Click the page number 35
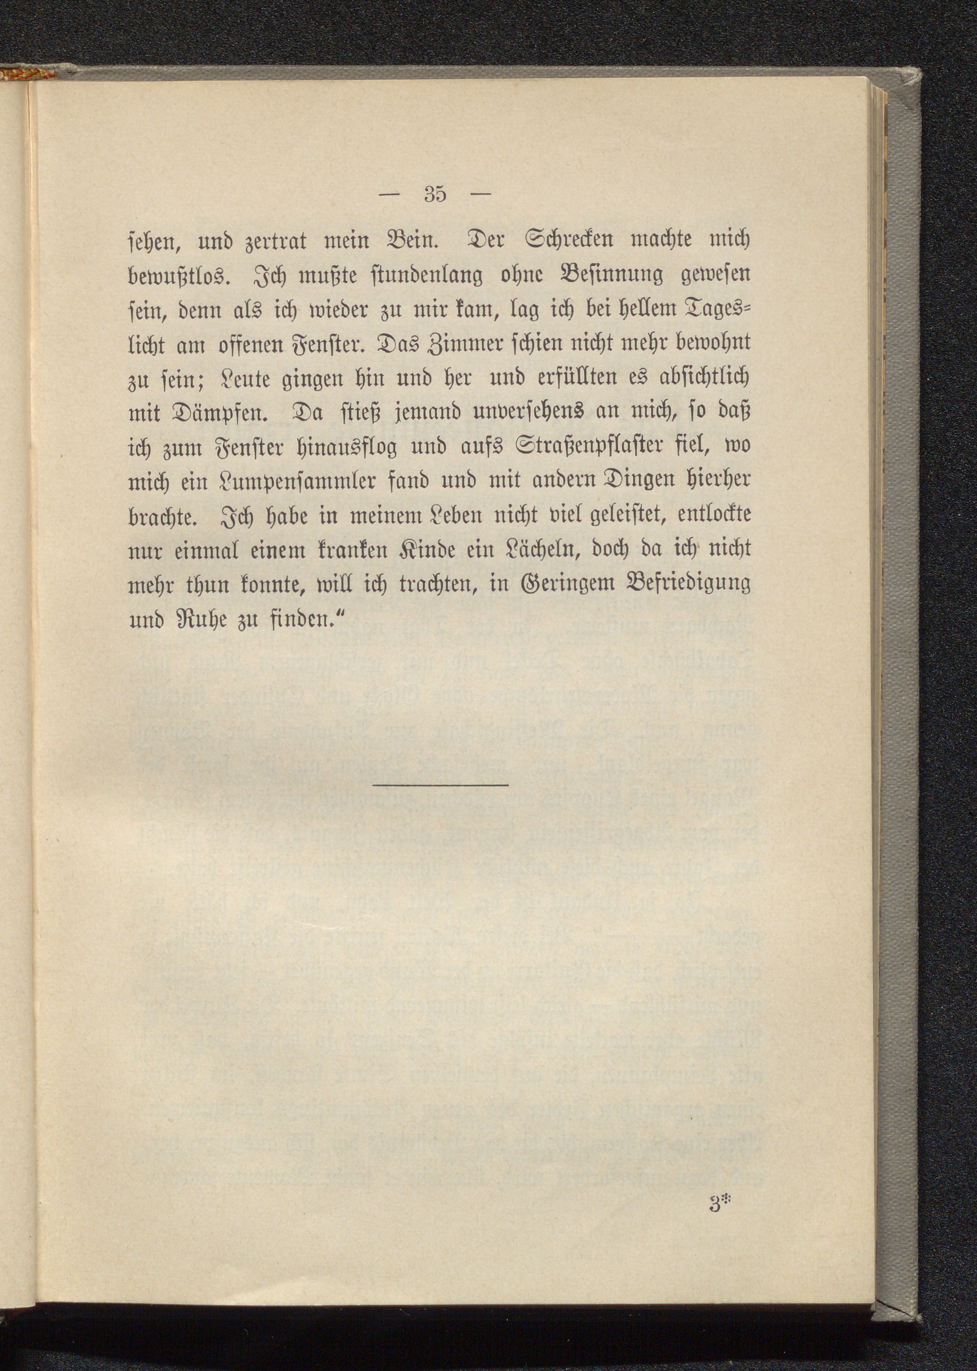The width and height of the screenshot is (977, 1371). [x=434, y=195]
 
